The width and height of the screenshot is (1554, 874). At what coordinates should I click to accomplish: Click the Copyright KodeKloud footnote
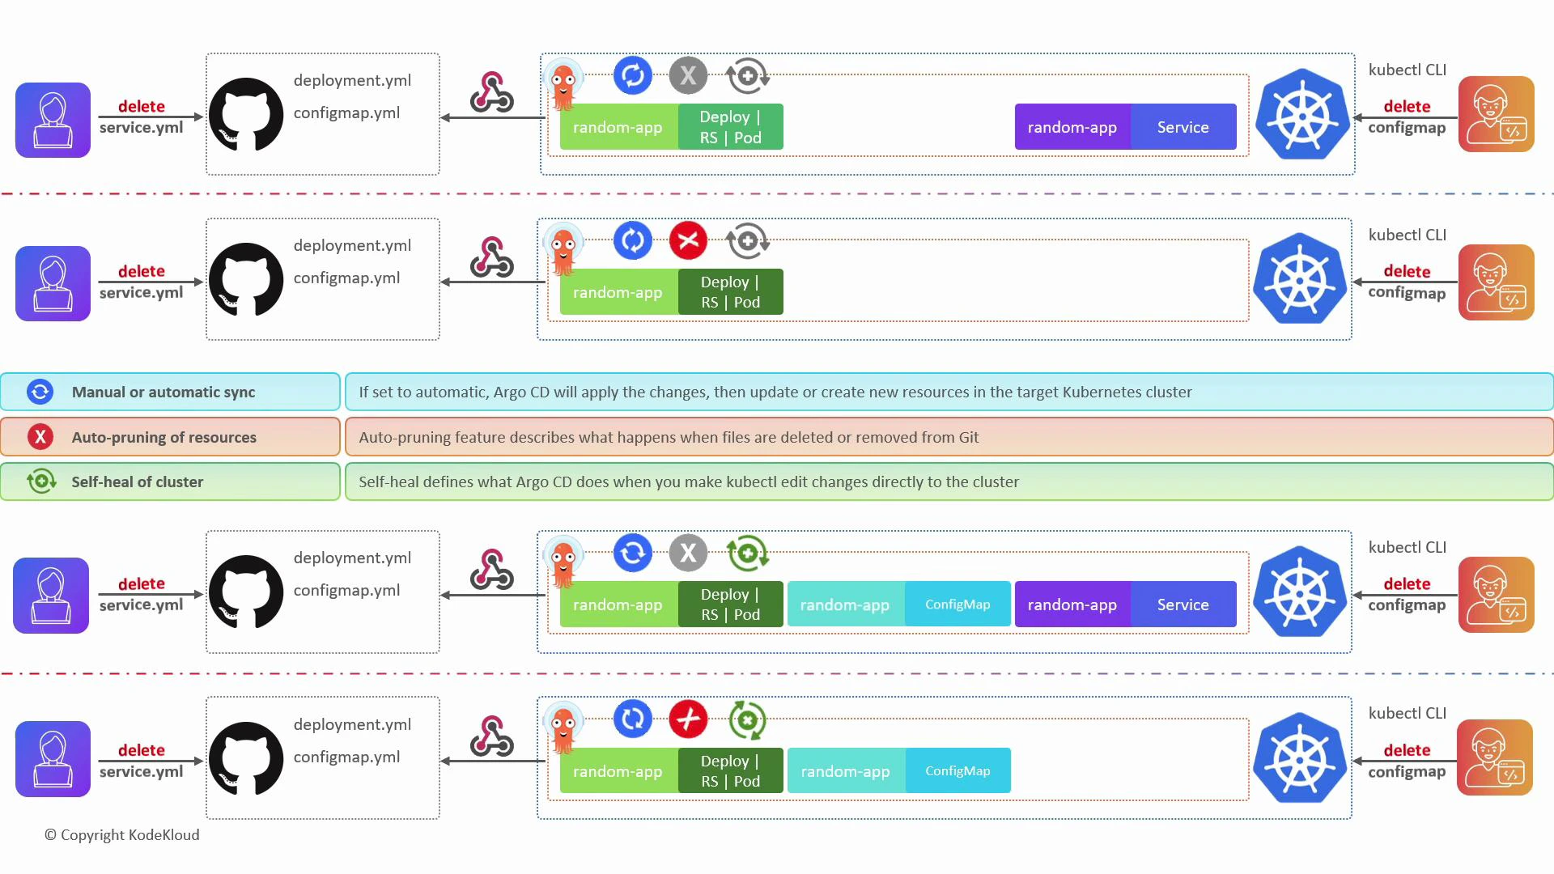(x=121, y=834)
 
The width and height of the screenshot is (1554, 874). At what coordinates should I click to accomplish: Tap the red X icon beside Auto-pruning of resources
(x=40, y=437)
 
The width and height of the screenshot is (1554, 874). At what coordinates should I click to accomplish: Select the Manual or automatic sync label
(x=163, y=392)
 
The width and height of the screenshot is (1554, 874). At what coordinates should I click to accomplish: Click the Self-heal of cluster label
(x=137, y=482)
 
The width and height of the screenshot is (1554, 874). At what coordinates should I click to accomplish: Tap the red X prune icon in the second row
(x=688, y=240)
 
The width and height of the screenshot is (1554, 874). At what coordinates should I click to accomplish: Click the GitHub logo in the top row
(x=246, y=114)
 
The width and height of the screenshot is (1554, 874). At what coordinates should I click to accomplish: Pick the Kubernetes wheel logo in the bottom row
(x=1300, y=758)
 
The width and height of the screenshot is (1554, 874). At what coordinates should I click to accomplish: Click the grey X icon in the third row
(x=688, y=553)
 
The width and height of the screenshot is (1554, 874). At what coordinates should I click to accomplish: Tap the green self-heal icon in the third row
(x=746, y=554)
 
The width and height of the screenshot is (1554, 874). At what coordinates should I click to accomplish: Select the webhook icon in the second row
(x=492, y=257)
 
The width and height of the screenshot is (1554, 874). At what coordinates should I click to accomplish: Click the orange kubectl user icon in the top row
(x=1496, y=114)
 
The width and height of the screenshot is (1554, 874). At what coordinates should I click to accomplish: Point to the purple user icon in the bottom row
(x=53, y=758)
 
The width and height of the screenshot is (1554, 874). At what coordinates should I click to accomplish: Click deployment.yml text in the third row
(x=352, y=558)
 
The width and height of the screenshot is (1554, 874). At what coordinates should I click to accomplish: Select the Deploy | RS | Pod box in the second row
(x=730, y=291)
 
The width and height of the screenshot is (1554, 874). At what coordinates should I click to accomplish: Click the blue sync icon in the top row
(x=633, y=75)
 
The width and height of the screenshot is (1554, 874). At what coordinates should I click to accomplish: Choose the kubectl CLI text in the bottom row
(x=1407, y=713)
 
